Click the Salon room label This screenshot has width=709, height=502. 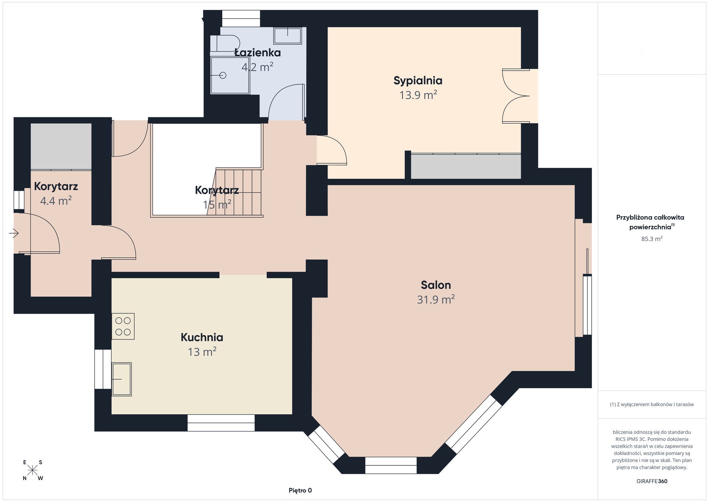pyautogui.click(x=436, y=285)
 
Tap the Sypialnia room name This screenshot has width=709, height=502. pyautogui.click(x=418, y=81)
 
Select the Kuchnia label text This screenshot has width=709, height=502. pyautogui.click(x=202, y=338)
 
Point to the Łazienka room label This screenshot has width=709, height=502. pyautogui.click(x=257, y=52)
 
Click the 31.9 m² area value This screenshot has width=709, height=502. pyautogui.click(x=436, y=299)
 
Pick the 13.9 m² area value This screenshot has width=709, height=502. pyautogui.click(x=418, y=95)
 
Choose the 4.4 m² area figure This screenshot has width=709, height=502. pyautogui.click(x=56, y=201)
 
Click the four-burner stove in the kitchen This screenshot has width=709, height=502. pyautogui.click(x=123, y=326)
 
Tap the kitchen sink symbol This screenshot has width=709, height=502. pyautogui.click(x=121, y=379)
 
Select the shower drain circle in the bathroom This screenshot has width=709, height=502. pyautogui.click(x=222, y=75)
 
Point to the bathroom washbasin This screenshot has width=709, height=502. pyautogui.click(x=288, y=35)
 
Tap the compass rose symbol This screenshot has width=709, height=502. pyautogui.click(x=32, y=470)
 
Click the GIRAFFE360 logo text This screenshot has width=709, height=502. pyautogui.click(x=652, y=481)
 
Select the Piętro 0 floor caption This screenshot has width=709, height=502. pyautogui.click(x=300, y=491)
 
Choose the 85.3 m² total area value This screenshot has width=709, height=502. pyautogui.click(x=652, y=239)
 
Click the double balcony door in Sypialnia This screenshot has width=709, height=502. pyautogui.click(x=516, y=96)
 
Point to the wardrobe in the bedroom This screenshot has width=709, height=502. pyautogui.click(x=466, y=166)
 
